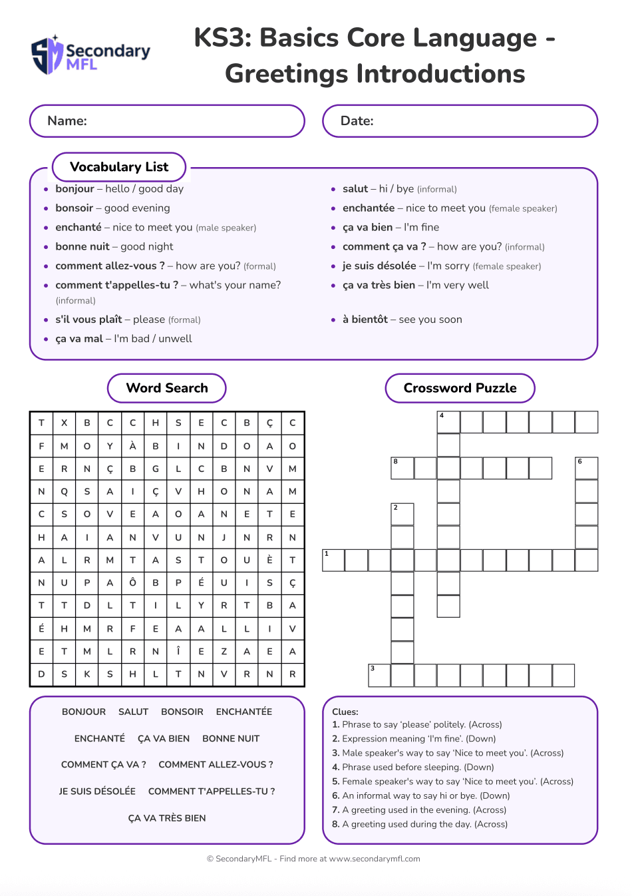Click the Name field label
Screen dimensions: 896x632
point(67,121)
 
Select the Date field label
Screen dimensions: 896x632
point(357,121)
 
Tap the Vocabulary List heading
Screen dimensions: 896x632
point(119,167)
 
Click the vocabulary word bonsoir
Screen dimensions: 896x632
point(75,208)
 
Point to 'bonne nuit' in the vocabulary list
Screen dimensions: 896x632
point(82,247)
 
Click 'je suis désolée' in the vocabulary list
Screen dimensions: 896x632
point(379,266)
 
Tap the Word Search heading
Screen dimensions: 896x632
point(167,388)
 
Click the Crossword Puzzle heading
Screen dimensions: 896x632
point(460,388)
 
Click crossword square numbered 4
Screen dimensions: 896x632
point(448,423)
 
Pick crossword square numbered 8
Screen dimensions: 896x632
point(402,469)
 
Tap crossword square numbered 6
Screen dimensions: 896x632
point(587,469)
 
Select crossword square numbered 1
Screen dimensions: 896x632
point(333,560)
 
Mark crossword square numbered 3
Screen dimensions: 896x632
point(380,675)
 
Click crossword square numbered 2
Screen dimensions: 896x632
point(402,515)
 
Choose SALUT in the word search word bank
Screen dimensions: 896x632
point(133,712)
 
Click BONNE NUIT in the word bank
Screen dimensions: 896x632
point(231,739)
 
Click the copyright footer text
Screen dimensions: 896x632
point(313,859)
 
